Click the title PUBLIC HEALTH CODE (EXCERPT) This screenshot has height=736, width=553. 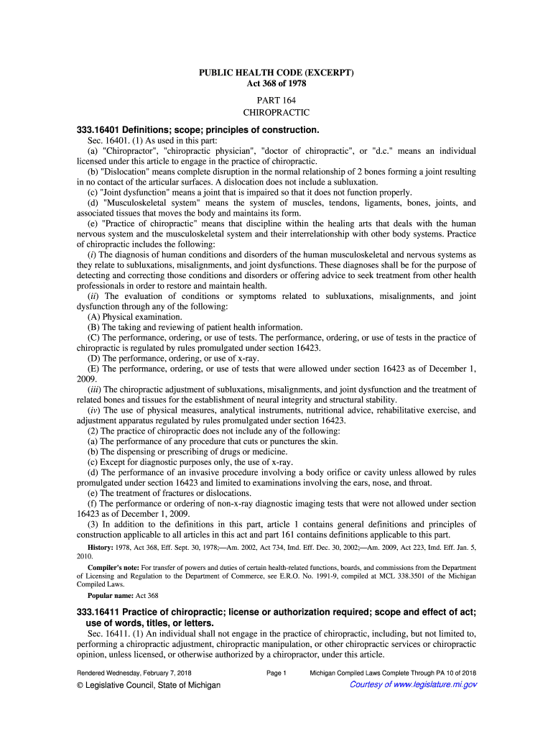(x=276, y=73)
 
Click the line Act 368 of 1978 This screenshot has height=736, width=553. (x=276, y=84)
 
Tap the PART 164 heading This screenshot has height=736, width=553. (x=276, y=101)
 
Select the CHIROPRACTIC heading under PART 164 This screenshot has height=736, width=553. (x=276, y=113)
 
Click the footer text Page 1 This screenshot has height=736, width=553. (x=276, y=673)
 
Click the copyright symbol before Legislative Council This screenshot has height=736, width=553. (x=81, y=685)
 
